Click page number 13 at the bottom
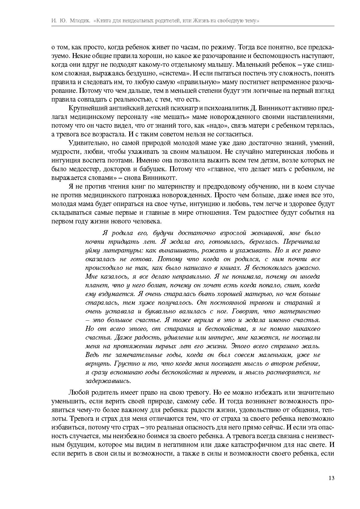(x=332, y=478)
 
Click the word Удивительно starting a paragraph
(x=85, y=143)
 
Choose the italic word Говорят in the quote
(x=245, y=311)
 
